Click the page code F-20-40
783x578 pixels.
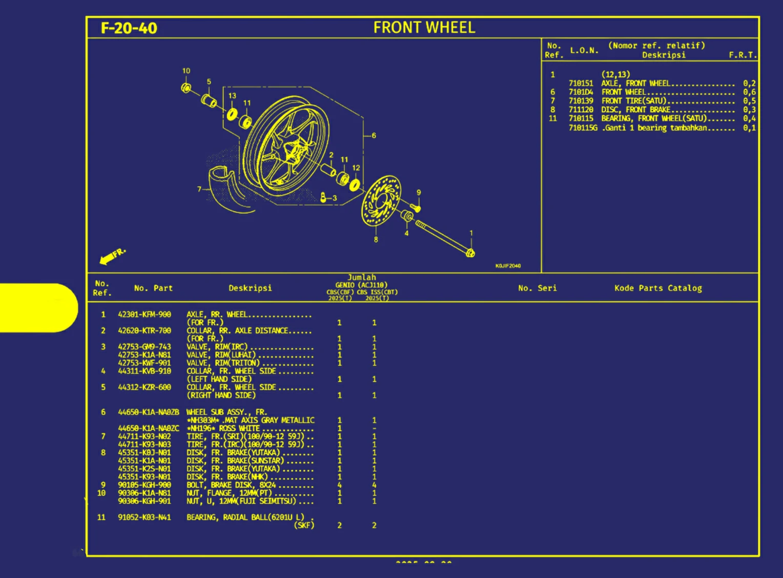pos(129,28)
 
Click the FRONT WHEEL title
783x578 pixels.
pos(424,27)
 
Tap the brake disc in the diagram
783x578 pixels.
pos(381,201)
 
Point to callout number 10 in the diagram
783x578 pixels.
pos(186,71)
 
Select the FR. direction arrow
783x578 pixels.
pos(111,256)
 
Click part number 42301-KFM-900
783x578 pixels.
pos(145,314)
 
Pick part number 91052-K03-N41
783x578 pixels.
pos(145,517)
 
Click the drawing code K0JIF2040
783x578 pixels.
pos(508,266)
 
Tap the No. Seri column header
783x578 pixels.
pos(537,288)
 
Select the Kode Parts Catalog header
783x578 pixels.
pos(658,288)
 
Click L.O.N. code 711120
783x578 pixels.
pos(581,110)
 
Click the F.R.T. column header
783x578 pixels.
pos(742,55)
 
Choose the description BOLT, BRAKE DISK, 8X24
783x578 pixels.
pos(232,485)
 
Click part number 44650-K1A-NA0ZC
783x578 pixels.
pos(149,428)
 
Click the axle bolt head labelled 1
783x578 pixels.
pos(470,253)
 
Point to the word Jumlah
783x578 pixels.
pos(362,277)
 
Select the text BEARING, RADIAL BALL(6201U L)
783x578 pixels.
pos(245,517)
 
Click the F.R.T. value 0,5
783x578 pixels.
pos(749,101)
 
